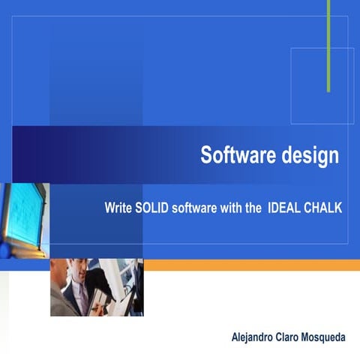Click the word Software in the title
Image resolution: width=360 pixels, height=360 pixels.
coord(232,155)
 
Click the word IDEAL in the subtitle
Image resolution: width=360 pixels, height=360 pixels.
coord(283,208)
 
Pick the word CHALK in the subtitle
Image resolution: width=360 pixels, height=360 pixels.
coord(322,208)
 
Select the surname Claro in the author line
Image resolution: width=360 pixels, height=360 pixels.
coord(298,337)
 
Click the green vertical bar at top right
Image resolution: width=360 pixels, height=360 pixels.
coord(328,45)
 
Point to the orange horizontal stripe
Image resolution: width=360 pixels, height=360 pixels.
coord(251,265)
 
